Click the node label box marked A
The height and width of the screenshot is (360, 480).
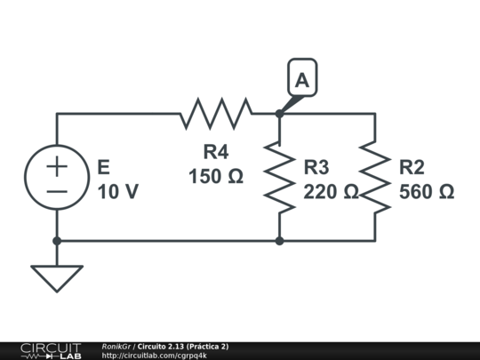click(x=302, y=80)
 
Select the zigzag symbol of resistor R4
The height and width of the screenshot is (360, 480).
click(x=217, y=114)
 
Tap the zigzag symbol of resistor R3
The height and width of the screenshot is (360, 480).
click(x=279, y=178)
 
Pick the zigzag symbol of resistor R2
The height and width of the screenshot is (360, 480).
click(x=374, y=178)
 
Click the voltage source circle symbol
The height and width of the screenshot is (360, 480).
click(x=57, y=178)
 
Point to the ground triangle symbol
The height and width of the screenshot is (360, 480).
click(x=57, y=277)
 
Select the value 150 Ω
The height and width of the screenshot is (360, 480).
click(x=216, y=176)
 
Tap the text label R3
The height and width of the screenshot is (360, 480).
click(x=316, y=167)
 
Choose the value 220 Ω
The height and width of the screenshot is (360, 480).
click(x=330, y=191)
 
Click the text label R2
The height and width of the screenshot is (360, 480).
click(x=412, y=167)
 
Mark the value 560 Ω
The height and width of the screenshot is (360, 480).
click(x=427, y=191)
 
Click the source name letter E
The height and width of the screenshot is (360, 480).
click(x=103, y=167)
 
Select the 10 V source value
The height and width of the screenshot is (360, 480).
click(x=117, y=191)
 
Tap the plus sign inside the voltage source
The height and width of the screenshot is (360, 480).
click(x=57, y=165)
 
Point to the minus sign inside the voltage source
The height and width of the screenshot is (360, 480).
click(x=57, y=191)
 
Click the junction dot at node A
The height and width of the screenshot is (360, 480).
click(x=279, y=114)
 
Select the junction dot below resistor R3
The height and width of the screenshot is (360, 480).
click(x=279, y=241)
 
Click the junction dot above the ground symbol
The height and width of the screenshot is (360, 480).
click(x=57, y=241)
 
